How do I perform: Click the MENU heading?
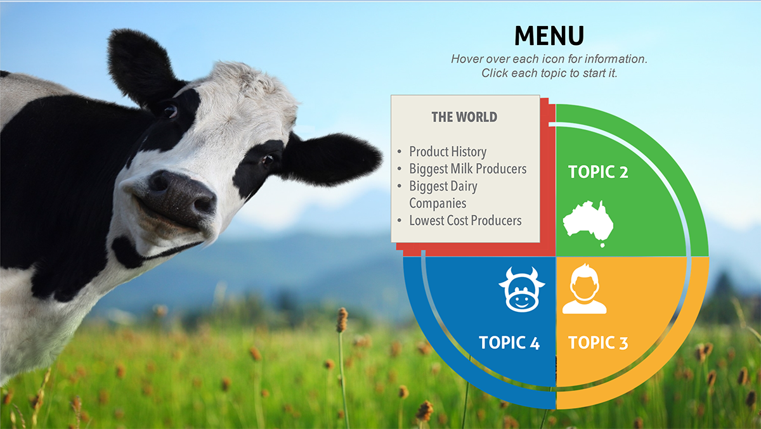pos(549,35)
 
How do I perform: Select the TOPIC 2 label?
pos(598,172)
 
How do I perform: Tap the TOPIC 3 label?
pos(598,342)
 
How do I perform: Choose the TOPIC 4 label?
pos(509,342)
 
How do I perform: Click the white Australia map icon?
pos(588,223)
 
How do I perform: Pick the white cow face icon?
pos(522,290)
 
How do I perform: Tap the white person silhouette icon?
pos(584,288)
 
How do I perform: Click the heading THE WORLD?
pos(464,117)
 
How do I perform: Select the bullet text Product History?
pos(448,151)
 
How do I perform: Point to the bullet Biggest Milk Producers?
pos(468,169)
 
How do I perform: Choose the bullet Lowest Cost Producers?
pos(465,221)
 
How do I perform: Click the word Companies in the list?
pos(438,203)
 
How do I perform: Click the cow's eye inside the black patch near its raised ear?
pos(170,110)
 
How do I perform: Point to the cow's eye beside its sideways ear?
pos(268,160)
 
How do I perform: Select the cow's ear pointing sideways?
pos(331,160)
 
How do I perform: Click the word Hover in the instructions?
pos(467,59)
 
